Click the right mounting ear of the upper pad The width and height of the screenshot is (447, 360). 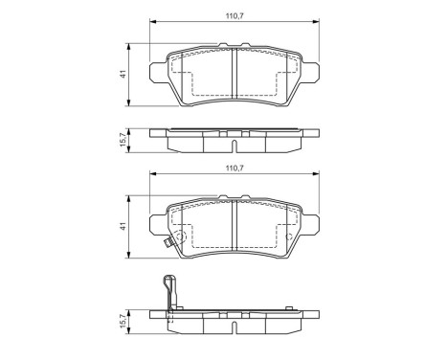(x=311, y=67)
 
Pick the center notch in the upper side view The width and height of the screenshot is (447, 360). (x=235, y=144)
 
